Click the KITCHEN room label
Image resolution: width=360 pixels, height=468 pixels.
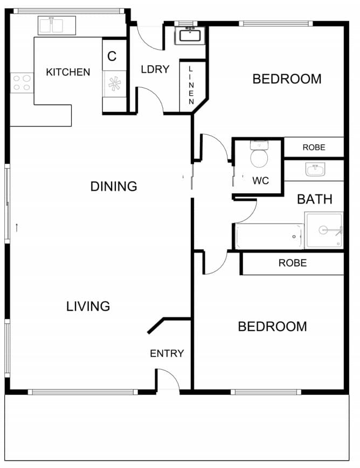click(68, 72)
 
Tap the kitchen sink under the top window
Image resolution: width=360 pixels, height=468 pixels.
click(57, 25)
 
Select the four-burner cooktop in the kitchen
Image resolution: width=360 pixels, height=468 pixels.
click(22, 83)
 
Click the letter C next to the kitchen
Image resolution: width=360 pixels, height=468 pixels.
click(112, 56)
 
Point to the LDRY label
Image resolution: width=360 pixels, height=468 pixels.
click(155, 69)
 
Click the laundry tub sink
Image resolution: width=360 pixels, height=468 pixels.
click(190, 35)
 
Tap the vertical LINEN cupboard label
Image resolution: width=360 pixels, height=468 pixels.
click(191, 86)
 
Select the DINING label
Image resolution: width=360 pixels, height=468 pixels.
click(114, 186)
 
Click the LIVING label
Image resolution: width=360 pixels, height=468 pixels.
click(88, 306)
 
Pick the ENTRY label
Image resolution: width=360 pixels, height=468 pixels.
click(167, 353)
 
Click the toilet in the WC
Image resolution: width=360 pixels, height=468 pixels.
click(259, 154)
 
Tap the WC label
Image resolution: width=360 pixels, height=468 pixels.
click(260, 180)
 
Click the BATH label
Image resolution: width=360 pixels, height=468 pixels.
click(315, 199)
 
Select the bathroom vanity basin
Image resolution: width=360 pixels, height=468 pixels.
click(315, 170)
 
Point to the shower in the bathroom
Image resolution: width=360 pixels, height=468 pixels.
click(324, 230)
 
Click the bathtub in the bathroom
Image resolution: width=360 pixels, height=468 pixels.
click(269, 236)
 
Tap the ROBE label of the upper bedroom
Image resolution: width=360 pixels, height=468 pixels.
click(314, 147)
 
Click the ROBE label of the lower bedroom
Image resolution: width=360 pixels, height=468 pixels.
click(293, 263)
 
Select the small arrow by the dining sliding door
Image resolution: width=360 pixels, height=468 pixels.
click(17, 228)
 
